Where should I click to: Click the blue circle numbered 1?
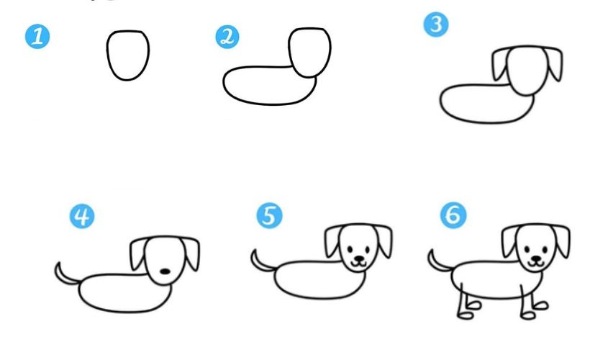click(37, 37)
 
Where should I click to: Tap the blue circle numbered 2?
click(227, 37)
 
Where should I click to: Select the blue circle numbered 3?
click(436, 24)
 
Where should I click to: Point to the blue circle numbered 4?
click(82, 217)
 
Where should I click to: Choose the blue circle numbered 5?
click(270, 216)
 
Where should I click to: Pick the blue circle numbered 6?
click(453, 215)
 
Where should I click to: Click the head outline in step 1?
click(107, 54)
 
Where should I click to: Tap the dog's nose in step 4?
click(165, 271)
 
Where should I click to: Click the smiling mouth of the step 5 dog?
click(358, 264)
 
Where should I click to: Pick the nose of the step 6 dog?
click(537, 258)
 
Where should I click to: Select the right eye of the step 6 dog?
click(545, 248)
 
